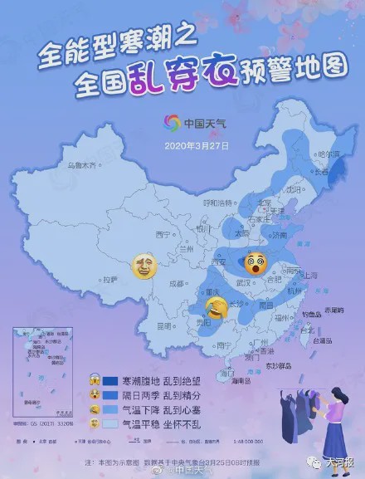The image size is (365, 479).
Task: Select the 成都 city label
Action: click(175, 283)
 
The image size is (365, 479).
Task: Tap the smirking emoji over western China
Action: click(147, 267)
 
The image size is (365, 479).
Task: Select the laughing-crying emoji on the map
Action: click(217, 310)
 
